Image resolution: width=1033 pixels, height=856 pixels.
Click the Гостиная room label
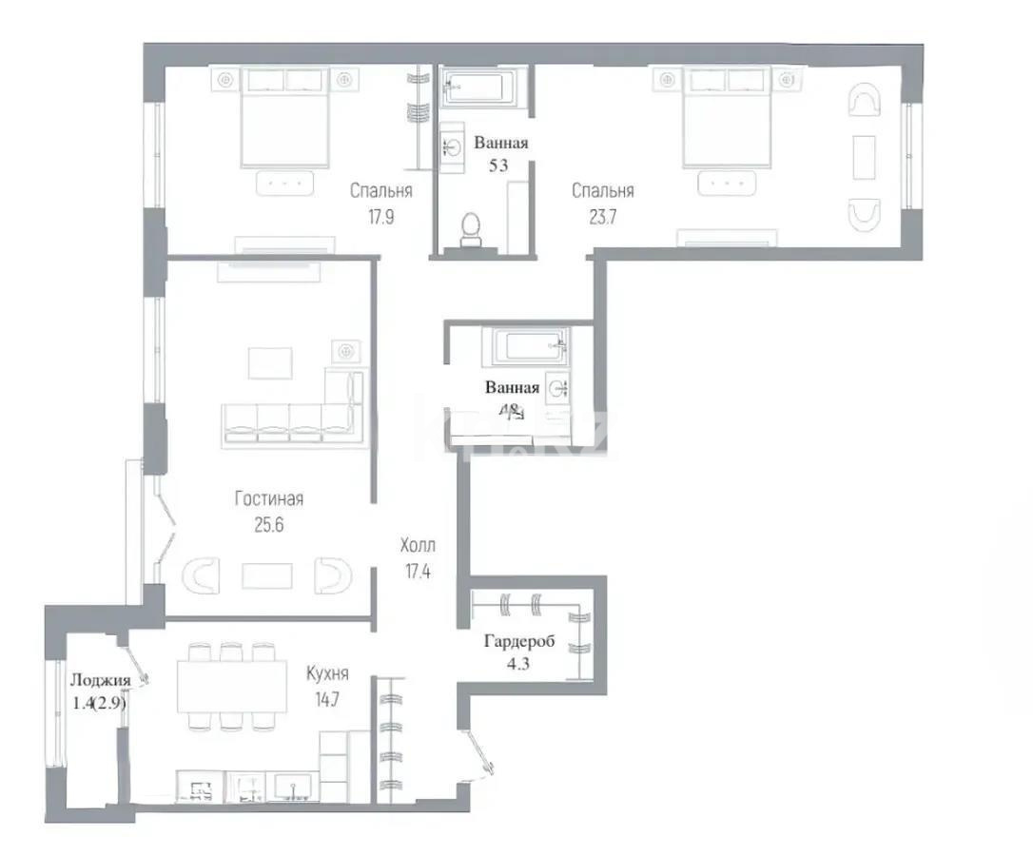tap(268, 498)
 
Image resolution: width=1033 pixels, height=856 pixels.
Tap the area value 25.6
tap(268, 522)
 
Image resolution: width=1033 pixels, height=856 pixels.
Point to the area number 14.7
tap(326, 697)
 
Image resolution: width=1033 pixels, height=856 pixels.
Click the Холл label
tap(417, 546)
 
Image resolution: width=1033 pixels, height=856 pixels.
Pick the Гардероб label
tap(519, 641)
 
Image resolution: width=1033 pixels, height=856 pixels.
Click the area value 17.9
tap(380, 215)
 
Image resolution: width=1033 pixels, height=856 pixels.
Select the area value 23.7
tap(602, 215)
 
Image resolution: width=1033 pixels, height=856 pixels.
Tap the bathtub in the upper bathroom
tap(482, 82)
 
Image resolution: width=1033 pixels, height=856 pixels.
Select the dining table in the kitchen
tap(231, 686)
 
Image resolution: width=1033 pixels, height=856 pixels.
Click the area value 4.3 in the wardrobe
tap(519, 664)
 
